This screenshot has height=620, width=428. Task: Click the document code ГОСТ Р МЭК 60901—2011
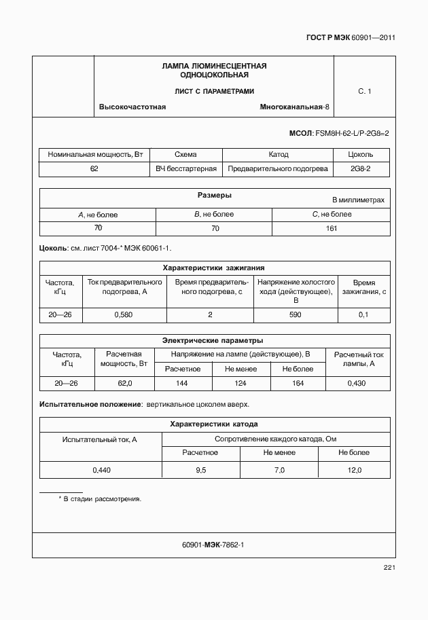346,38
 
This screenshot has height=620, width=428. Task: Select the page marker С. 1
364,91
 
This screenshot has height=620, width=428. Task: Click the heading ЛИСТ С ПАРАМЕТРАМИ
214,91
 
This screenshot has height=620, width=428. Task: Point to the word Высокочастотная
132,107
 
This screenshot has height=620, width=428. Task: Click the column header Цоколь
360,155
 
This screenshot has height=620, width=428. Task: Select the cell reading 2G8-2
360,168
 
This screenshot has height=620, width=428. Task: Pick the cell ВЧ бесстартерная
186,168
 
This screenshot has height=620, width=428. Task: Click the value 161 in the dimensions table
331,228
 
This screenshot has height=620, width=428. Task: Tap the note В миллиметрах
358,200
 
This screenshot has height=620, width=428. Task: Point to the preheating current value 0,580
124,314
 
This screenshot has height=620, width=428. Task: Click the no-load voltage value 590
295,314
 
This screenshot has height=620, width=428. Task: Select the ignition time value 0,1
363,314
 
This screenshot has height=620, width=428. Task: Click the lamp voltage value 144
182,384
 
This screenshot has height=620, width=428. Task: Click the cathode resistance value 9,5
200,470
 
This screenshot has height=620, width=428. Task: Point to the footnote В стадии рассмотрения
102,499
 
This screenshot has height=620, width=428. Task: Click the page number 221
389,568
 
